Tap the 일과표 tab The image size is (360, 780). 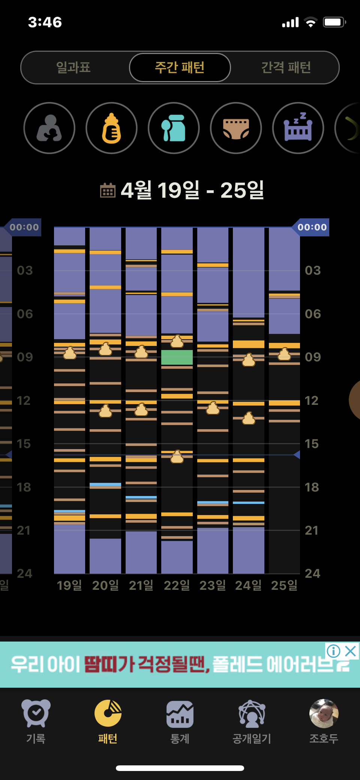(x=73, y=68)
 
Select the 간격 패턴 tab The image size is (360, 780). (x=286, y=68)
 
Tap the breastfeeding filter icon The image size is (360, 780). (x=49, y=128)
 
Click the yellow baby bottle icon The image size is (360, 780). (x=111, y=128)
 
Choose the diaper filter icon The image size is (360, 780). (x=236, y=128)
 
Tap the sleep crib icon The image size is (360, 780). (x=298, y=128)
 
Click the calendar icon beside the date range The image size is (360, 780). (x=108, y=190)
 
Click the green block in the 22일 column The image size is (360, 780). (x=177, y=357)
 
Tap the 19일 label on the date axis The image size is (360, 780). (x=69, y=585)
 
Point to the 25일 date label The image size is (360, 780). (x=284, y=585)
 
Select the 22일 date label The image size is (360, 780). (x=177, y=585)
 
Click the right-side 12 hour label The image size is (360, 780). (x=312, y=401)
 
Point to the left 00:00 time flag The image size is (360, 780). (x=24, y=227)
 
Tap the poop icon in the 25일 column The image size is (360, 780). (x=284, y=354)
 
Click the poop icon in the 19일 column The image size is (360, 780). (x=70, y=353)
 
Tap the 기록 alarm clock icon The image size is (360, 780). (x=36, y=713)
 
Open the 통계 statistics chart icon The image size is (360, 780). (x=180, y=714)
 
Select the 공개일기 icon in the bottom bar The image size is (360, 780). (x=252, y=714)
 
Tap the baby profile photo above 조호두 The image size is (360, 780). (x=324, y=713)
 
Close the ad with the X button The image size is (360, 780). (x=351, y=651)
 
